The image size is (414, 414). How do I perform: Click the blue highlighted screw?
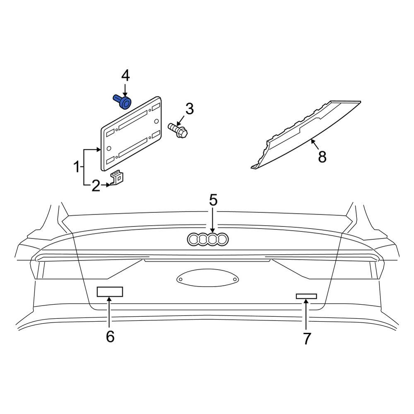pos(123,102)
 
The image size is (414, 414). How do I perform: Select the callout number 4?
pos(125,76)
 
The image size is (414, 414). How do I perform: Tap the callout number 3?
pos(190,109)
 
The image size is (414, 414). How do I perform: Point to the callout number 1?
pos(77,167)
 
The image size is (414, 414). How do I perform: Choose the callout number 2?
pos(96,185)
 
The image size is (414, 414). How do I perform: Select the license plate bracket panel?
pos(131,134)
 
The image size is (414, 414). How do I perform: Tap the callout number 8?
pos(322,156)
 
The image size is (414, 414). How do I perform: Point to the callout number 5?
pos(213,200)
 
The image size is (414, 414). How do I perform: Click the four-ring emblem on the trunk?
pos(207,239)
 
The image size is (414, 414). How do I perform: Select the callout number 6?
pos(110,336)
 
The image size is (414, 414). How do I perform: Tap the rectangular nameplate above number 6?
pos(110,292)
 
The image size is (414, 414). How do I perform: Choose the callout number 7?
pos(306,339)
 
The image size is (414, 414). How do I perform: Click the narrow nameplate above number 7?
pos(306,296)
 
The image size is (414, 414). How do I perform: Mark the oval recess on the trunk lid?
pos(207,278)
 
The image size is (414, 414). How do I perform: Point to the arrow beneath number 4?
pos(125,90)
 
